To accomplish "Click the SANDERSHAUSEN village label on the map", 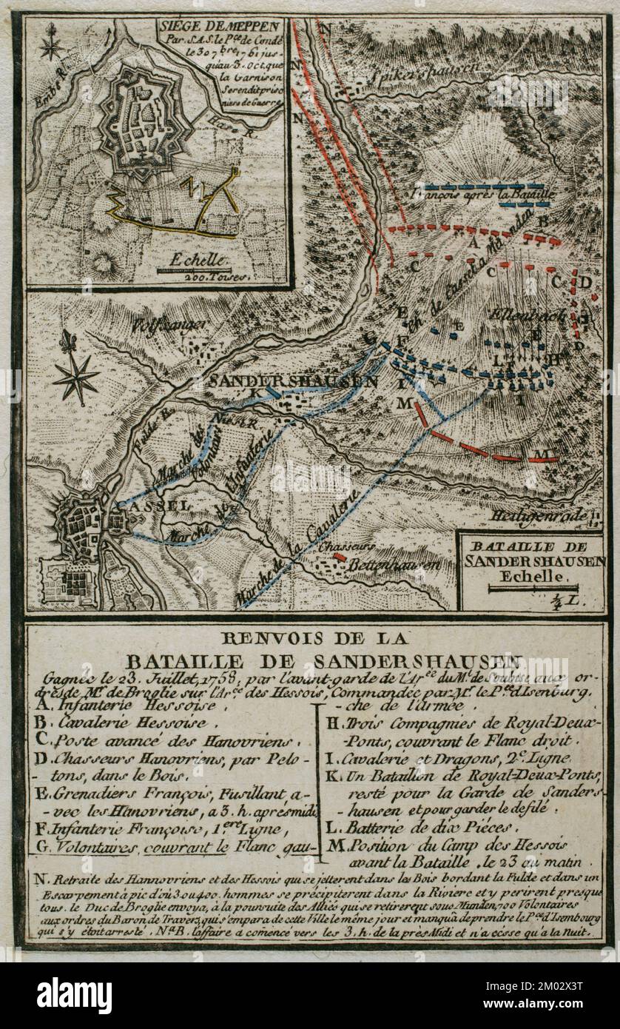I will pyautogui.click(x=293, y=381).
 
